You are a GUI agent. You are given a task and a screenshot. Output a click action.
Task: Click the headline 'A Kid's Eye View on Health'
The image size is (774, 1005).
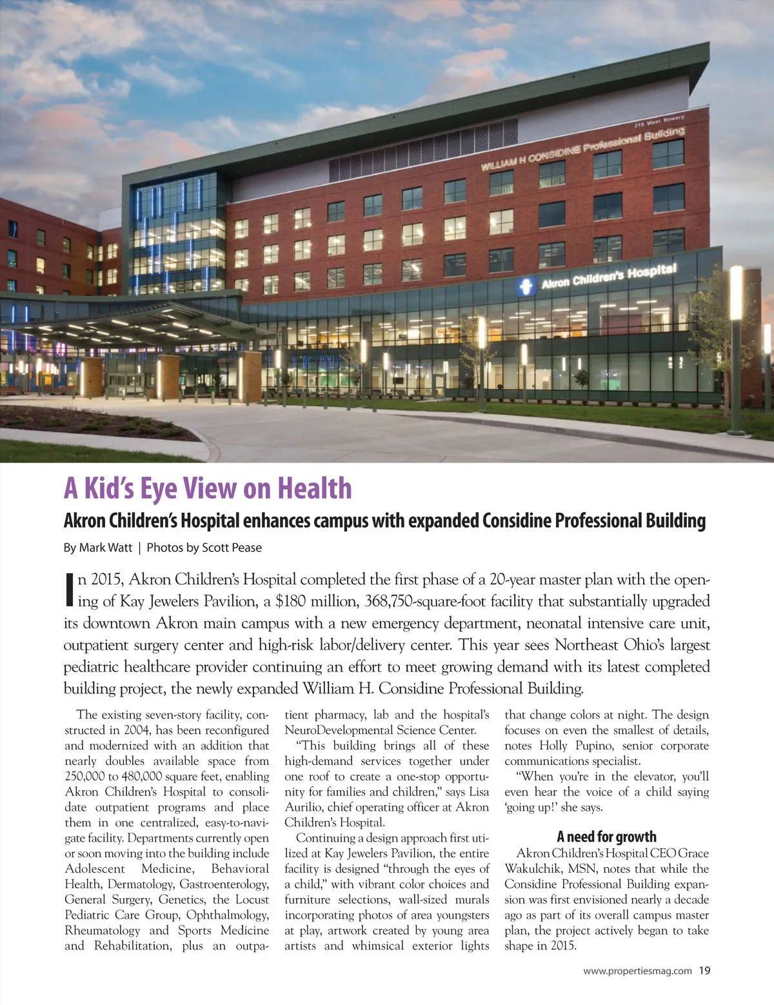point(208,488)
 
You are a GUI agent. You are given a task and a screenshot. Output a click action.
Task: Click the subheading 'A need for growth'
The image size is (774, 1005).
point(606,837)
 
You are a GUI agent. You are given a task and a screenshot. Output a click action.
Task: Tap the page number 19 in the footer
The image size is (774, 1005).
point(704,970)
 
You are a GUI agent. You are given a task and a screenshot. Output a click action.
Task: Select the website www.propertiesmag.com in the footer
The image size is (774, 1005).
point(637,970)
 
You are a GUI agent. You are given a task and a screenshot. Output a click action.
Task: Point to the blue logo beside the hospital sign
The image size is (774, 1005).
point(526,286)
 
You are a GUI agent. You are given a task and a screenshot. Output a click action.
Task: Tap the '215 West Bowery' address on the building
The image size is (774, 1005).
point(659,121)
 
